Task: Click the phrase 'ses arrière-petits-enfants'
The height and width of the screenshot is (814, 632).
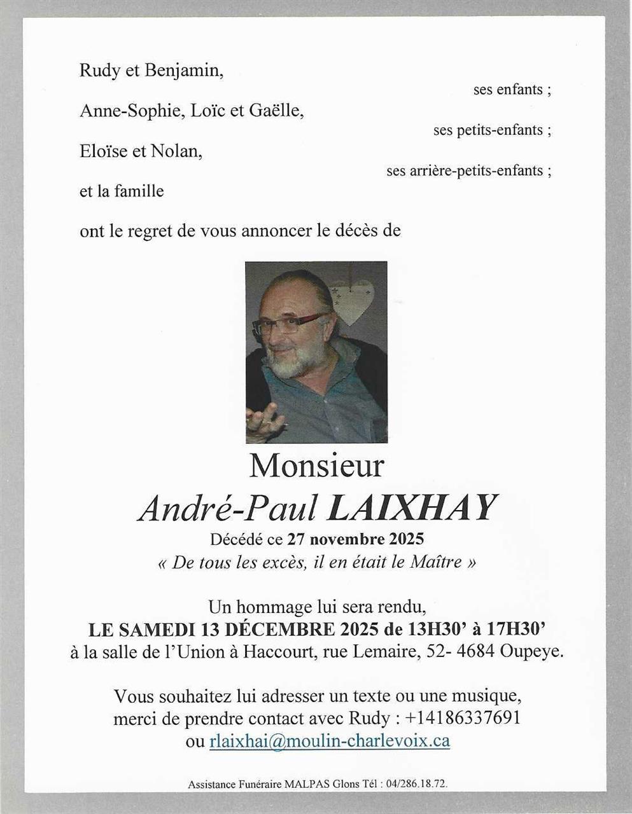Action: click(465, 170)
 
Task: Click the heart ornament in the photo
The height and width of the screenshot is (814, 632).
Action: click(354, 298)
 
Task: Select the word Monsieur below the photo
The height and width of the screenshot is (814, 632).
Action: click(316, 466)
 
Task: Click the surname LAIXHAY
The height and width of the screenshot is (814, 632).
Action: click(411, 508)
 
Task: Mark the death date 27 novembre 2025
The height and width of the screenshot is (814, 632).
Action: click(355, 540)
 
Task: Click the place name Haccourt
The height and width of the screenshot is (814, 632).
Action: click(277, 652)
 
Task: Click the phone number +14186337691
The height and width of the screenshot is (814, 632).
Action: click(462, 718)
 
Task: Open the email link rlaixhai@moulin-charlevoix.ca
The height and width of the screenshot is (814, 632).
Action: click(329, 741)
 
